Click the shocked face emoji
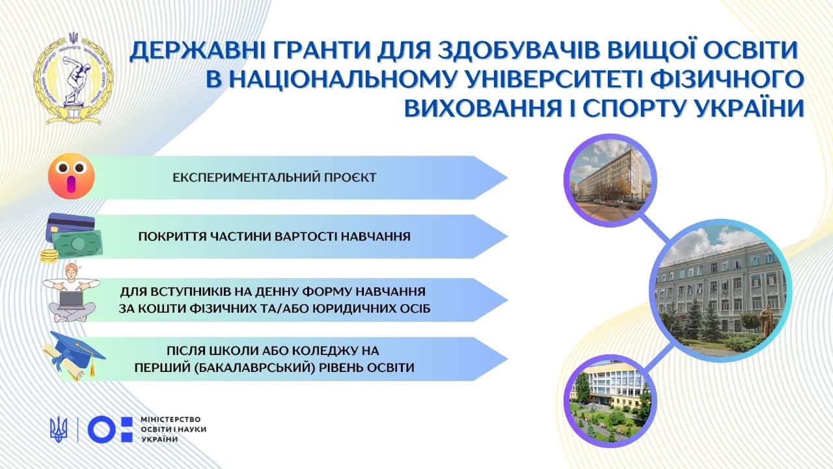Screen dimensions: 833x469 click(x=72, y=176)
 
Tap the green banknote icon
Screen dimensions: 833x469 click(x=77, y=244)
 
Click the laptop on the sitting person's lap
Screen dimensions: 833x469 click(x=71, y=300)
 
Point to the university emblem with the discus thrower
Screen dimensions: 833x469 click(x=74, y=79)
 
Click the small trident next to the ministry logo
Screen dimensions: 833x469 click(x=59, y=430)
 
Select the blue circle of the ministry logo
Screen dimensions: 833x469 click(x=102, y=430)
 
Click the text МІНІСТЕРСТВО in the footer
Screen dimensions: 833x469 click(x=171, y=419)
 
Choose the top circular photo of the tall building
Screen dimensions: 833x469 click(x=610, y=180)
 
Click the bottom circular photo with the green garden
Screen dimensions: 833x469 click(x=610, y=401)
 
